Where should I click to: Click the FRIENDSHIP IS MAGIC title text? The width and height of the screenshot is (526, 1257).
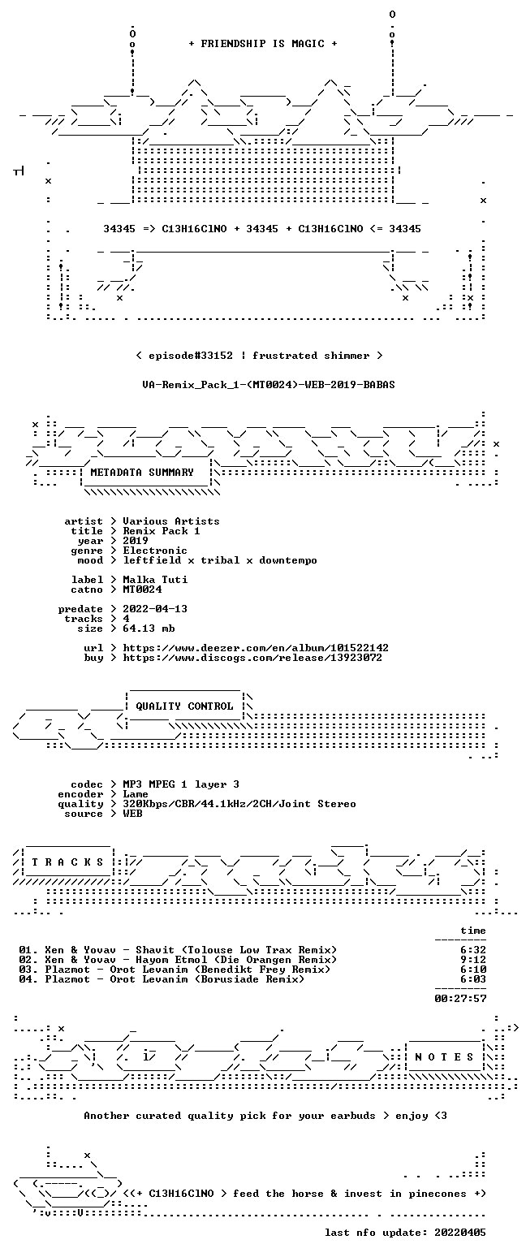click(x=263, y=44)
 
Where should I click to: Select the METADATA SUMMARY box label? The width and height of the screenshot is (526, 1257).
click(x=142, y=473)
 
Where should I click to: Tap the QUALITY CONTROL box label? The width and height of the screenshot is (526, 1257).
click(x=184, y=706)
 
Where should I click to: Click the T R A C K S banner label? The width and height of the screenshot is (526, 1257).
click(x=68, y=862)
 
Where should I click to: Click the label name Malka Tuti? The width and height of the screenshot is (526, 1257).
click(x=155, y=580)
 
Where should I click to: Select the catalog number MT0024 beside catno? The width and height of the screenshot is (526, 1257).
click(x=142, y=590)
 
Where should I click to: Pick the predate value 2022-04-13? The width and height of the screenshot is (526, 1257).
click(x=155, y=609)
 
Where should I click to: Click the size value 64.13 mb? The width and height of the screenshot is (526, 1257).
click(x=149, y=628)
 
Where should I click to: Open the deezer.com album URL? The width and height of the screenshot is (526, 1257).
click(x=256, y=647)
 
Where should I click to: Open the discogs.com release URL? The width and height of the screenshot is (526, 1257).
click(x=252, y=658)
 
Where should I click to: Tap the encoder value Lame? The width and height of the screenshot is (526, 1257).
click(x=136, y=794)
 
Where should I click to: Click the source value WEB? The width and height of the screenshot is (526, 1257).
click(x=132, y=814)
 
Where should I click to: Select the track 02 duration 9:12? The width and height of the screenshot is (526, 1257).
click(x=473, y=960)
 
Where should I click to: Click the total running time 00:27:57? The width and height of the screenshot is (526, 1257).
click(x=460, y=999)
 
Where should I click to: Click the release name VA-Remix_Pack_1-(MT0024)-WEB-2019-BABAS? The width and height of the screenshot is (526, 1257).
click(x=269, y=385)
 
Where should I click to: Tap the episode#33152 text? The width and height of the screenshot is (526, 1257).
click(x=191, y=356)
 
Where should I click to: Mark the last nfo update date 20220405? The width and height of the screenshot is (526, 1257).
click(x=460, y=1233)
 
